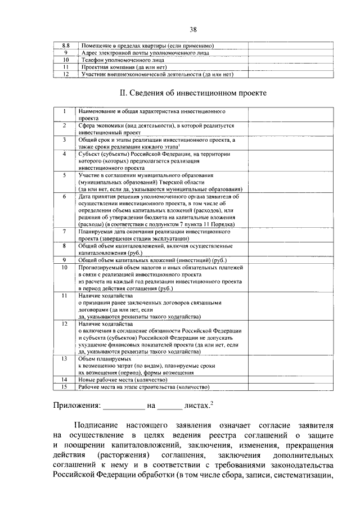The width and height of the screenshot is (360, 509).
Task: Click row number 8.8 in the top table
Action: coord(65,45)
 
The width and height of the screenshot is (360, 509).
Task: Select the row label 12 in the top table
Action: coord(65,74)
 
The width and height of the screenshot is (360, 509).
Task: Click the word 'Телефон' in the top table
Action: coord(92,59)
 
